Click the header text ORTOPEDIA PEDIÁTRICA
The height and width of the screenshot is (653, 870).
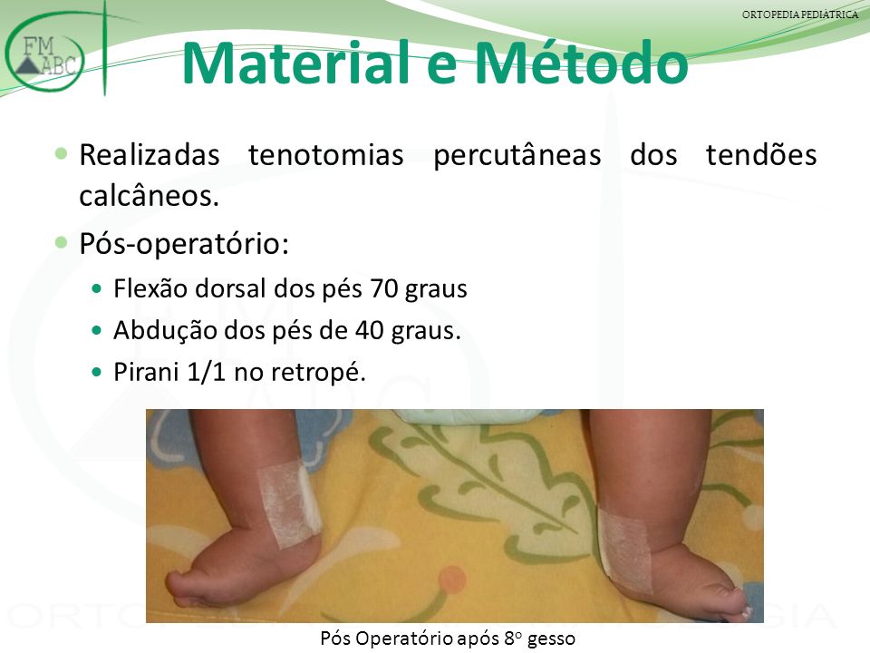tap(800, 15)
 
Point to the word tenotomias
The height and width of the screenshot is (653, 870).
tap(325, 155)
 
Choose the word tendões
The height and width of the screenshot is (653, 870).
tap(761, 155)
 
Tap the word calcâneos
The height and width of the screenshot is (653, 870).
tap(149, 196)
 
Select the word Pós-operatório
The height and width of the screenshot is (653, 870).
tap(184, 244)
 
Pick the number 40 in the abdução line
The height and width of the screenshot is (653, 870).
tap(370, 330)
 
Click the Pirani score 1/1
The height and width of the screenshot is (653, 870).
tap(207, 372)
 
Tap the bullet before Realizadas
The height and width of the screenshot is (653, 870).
tap(61, 153)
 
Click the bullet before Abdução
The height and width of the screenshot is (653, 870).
tap(97, 330)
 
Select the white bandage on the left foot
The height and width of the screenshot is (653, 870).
tap(290, 504)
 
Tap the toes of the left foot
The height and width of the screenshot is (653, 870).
tap(184, 589)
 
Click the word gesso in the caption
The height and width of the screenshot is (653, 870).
tap(551, 639)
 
